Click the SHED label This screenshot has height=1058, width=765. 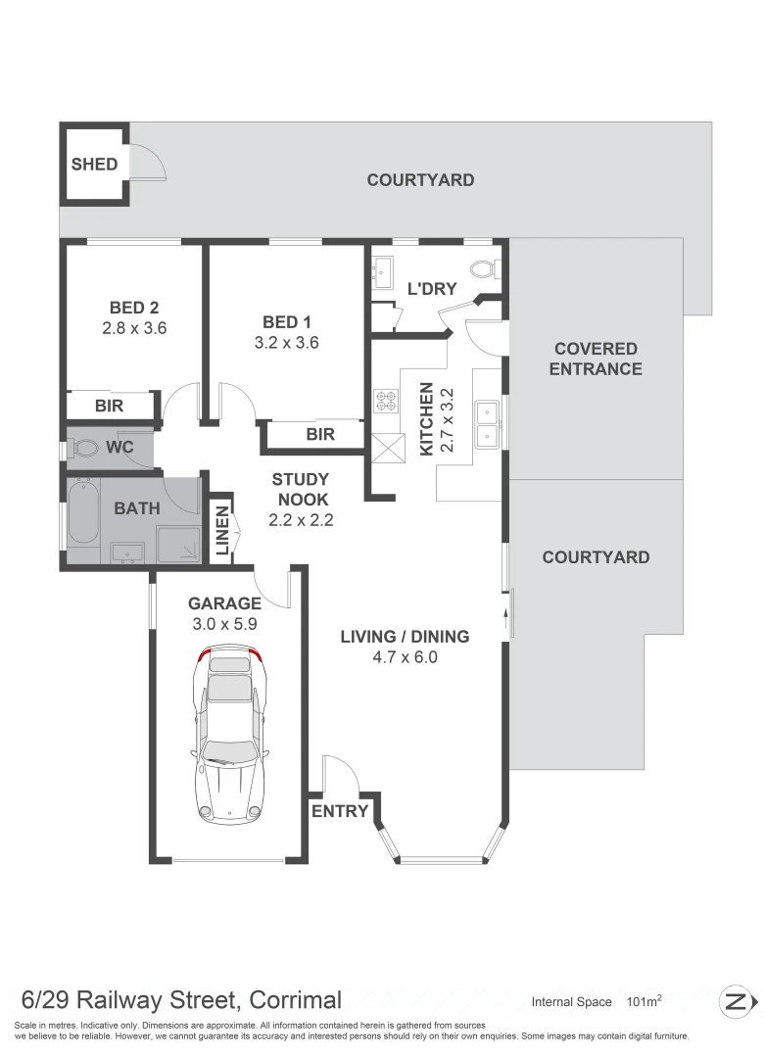94,165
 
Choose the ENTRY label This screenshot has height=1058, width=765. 340,810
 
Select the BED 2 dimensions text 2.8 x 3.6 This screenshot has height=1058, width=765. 134,328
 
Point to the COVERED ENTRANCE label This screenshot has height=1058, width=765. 596,359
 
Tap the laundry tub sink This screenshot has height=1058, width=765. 383,270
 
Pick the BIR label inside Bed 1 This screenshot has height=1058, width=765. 320,434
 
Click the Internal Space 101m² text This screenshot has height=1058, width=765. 597,1001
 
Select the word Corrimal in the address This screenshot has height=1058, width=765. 295,1000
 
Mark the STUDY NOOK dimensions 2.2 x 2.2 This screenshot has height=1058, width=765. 301,520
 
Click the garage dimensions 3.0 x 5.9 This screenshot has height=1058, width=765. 224,623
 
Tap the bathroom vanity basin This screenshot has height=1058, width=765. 126,553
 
